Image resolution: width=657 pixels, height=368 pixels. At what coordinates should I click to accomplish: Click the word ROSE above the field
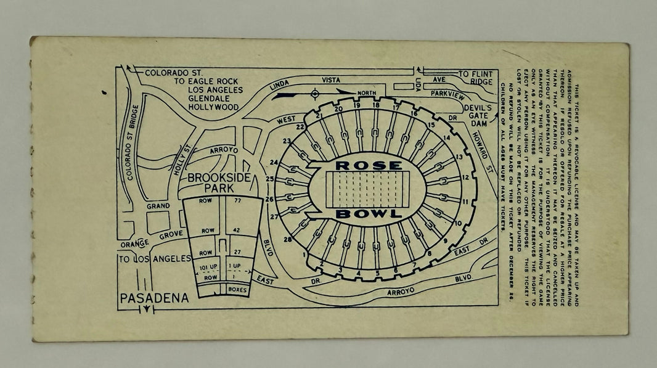pyautogui.click(x=369, y=165)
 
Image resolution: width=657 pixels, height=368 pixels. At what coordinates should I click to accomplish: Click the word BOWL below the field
pyautogui.click(x=369, y=214)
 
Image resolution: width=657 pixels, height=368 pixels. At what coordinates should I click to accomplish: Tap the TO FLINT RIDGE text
pyautogui.click(x=476, y=78)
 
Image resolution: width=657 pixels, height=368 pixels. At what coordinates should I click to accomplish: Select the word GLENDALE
pyautogui.click(x=214, y=98)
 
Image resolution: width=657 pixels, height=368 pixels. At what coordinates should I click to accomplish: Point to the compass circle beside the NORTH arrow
pyautogui.click(x=314, y=94)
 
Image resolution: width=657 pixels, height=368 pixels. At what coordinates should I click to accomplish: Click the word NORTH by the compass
pyautogui.click(x=366, y=93)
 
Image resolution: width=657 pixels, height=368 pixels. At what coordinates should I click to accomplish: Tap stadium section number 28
pyautogui.click(x=287, y=239)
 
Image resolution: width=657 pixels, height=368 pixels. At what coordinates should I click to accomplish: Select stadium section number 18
pyautogui.click(x=376, y=105)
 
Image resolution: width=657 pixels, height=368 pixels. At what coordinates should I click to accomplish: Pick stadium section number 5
pyautogui.click(x=377, y=274)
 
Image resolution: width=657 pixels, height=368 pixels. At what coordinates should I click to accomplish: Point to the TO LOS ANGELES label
pyautogui.click(x=155, y=258)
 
